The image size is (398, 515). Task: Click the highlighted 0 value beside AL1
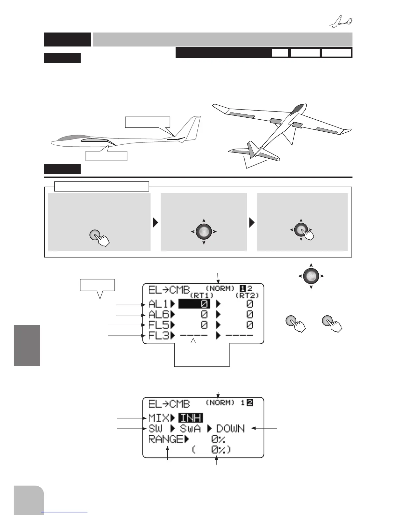click(x=194, y=304)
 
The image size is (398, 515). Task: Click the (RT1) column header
click(x=202, y=295)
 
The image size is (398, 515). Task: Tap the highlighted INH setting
click(x=191, y=418)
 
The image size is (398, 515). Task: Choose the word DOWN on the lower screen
click(x=230, y=429)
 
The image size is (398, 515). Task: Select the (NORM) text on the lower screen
click(x=220, y=403)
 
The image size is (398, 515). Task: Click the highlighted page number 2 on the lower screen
click(x=250, y=403)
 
